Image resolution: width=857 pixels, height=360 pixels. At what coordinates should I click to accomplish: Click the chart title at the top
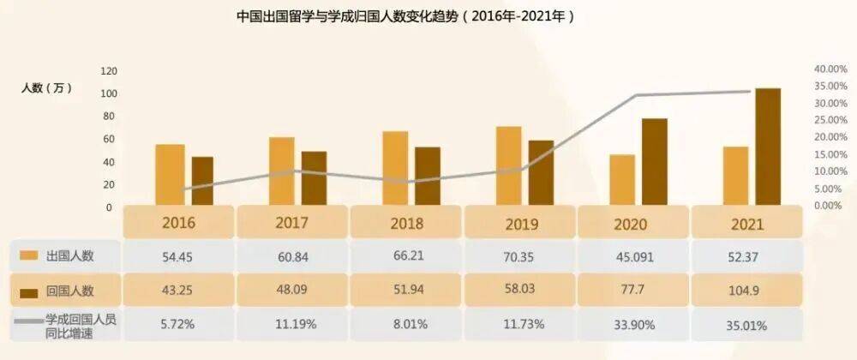click(x=404, y=16)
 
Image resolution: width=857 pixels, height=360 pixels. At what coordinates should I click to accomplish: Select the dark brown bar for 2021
click(x=768, y=147)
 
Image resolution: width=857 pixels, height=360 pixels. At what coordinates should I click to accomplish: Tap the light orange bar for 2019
click(x=509, y=166)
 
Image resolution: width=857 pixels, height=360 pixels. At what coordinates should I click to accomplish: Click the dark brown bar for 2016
click(x=202, y=181)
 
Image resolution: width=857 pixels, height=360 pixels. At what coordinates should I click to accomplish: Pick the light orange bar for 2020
click(x=622, y=180)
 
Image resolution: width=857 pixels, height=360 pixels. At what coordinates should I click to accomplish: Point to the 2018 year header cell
click(x=406, y=224)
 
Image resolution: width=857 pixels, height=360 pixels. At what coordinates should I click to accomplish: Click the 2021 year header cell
click(x=747, y=224)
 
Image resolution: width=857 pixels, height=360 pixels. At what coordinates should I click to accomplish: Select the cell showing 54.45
click(x=179, y=256)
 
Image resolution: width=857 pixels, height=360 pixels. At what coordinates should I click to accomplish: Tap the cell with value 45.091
click(x=633, y=256)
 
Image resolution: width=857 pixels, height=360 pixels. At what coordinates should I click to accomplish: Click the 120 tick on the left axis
click(x=109, y=70)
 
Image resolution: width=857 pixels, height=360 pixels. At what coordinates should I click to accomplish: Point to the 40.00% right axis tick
click(x=829, y=69)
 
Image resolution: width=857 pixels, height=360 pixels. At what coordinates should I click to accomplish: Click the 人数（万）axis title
click(x=47, y=88)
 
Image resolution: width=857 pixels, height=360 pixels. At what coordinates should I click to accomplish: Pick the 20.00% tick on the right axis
click(x=829, y=137)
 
